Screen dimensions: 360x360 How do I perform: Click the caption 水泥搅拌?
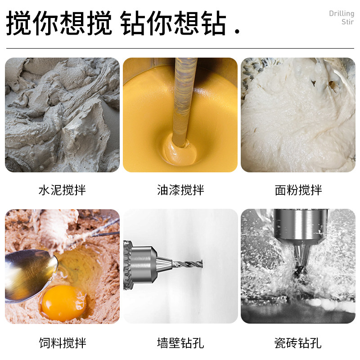(x=62, y=190)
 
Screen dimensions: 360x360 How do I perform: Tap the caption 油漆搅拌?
(x=180, y=190)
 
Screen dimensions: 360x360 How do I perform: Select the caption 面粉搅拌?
(x=298, y=190)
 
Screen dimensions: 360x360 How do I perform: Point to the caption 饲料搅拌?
(x=62, y=343)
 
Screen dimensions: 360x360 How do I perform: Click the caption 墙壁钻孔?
(x=180, y=343)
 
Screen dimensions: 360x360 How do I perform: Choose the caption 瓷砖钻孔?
(x=298, y=343)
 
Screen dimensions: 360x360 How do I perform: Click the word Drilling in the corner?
(x=342, y=13)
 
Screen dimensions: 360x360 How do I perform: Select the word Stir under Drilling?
(x=347, y=22)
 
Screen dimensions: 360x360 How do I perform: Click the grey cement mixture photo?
(x=62, y=115)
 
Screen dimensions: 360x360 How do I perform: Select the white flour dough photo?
(x=298, y=115)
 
